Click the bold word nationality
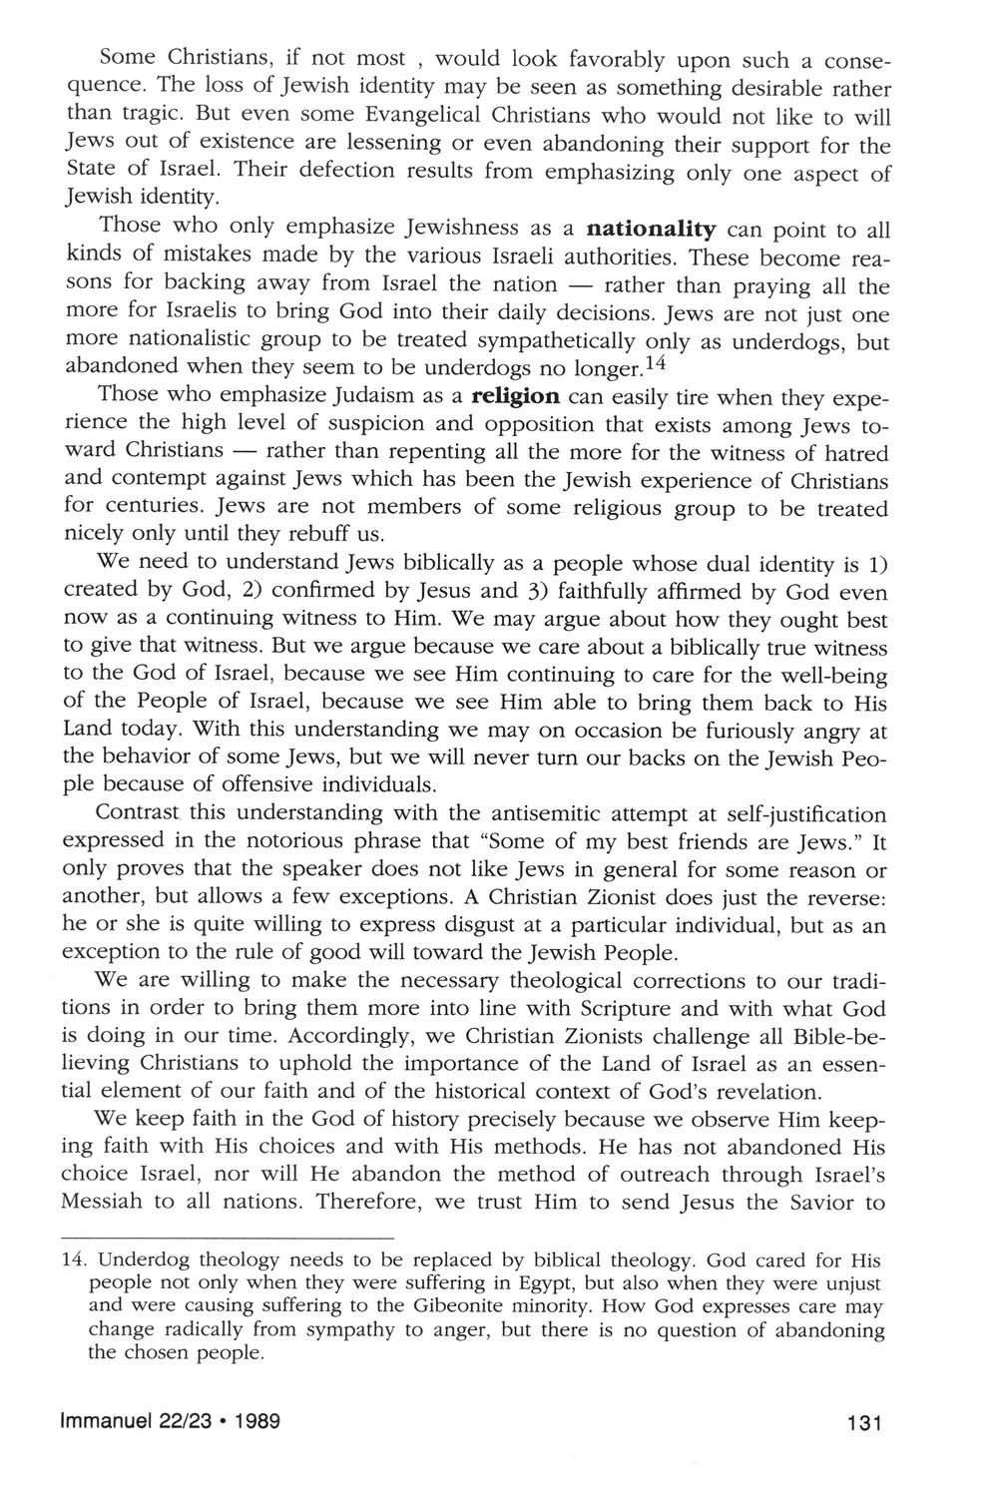pos(653,231)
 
